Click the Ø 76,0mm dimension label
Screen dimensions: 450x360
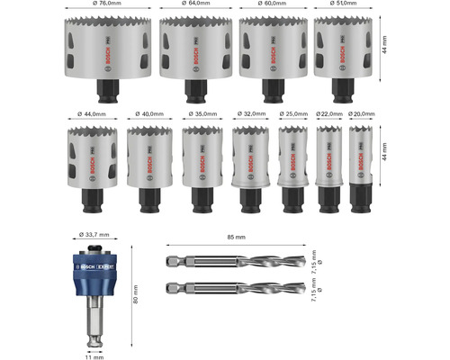[107, 3]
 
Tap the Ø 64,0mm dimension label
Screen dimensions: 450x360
[196, 3]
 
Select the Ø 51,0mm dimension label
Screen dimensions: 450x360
[343, 3]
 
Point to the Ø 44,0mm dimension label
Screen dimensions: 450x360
[92, 114]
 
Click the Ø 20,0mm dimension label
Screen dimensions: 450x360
[362, 114]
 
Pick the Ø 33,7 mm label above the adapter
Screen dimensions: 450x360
[94, 235]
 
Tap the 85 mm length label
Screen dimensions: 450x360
[236, 237]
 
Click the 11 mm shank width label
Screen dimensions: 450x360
[94, 357]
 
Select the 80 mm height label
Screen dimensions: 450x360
[136, 294]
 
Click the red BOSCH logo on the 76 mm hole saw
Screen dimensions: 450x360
[108, 55]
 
